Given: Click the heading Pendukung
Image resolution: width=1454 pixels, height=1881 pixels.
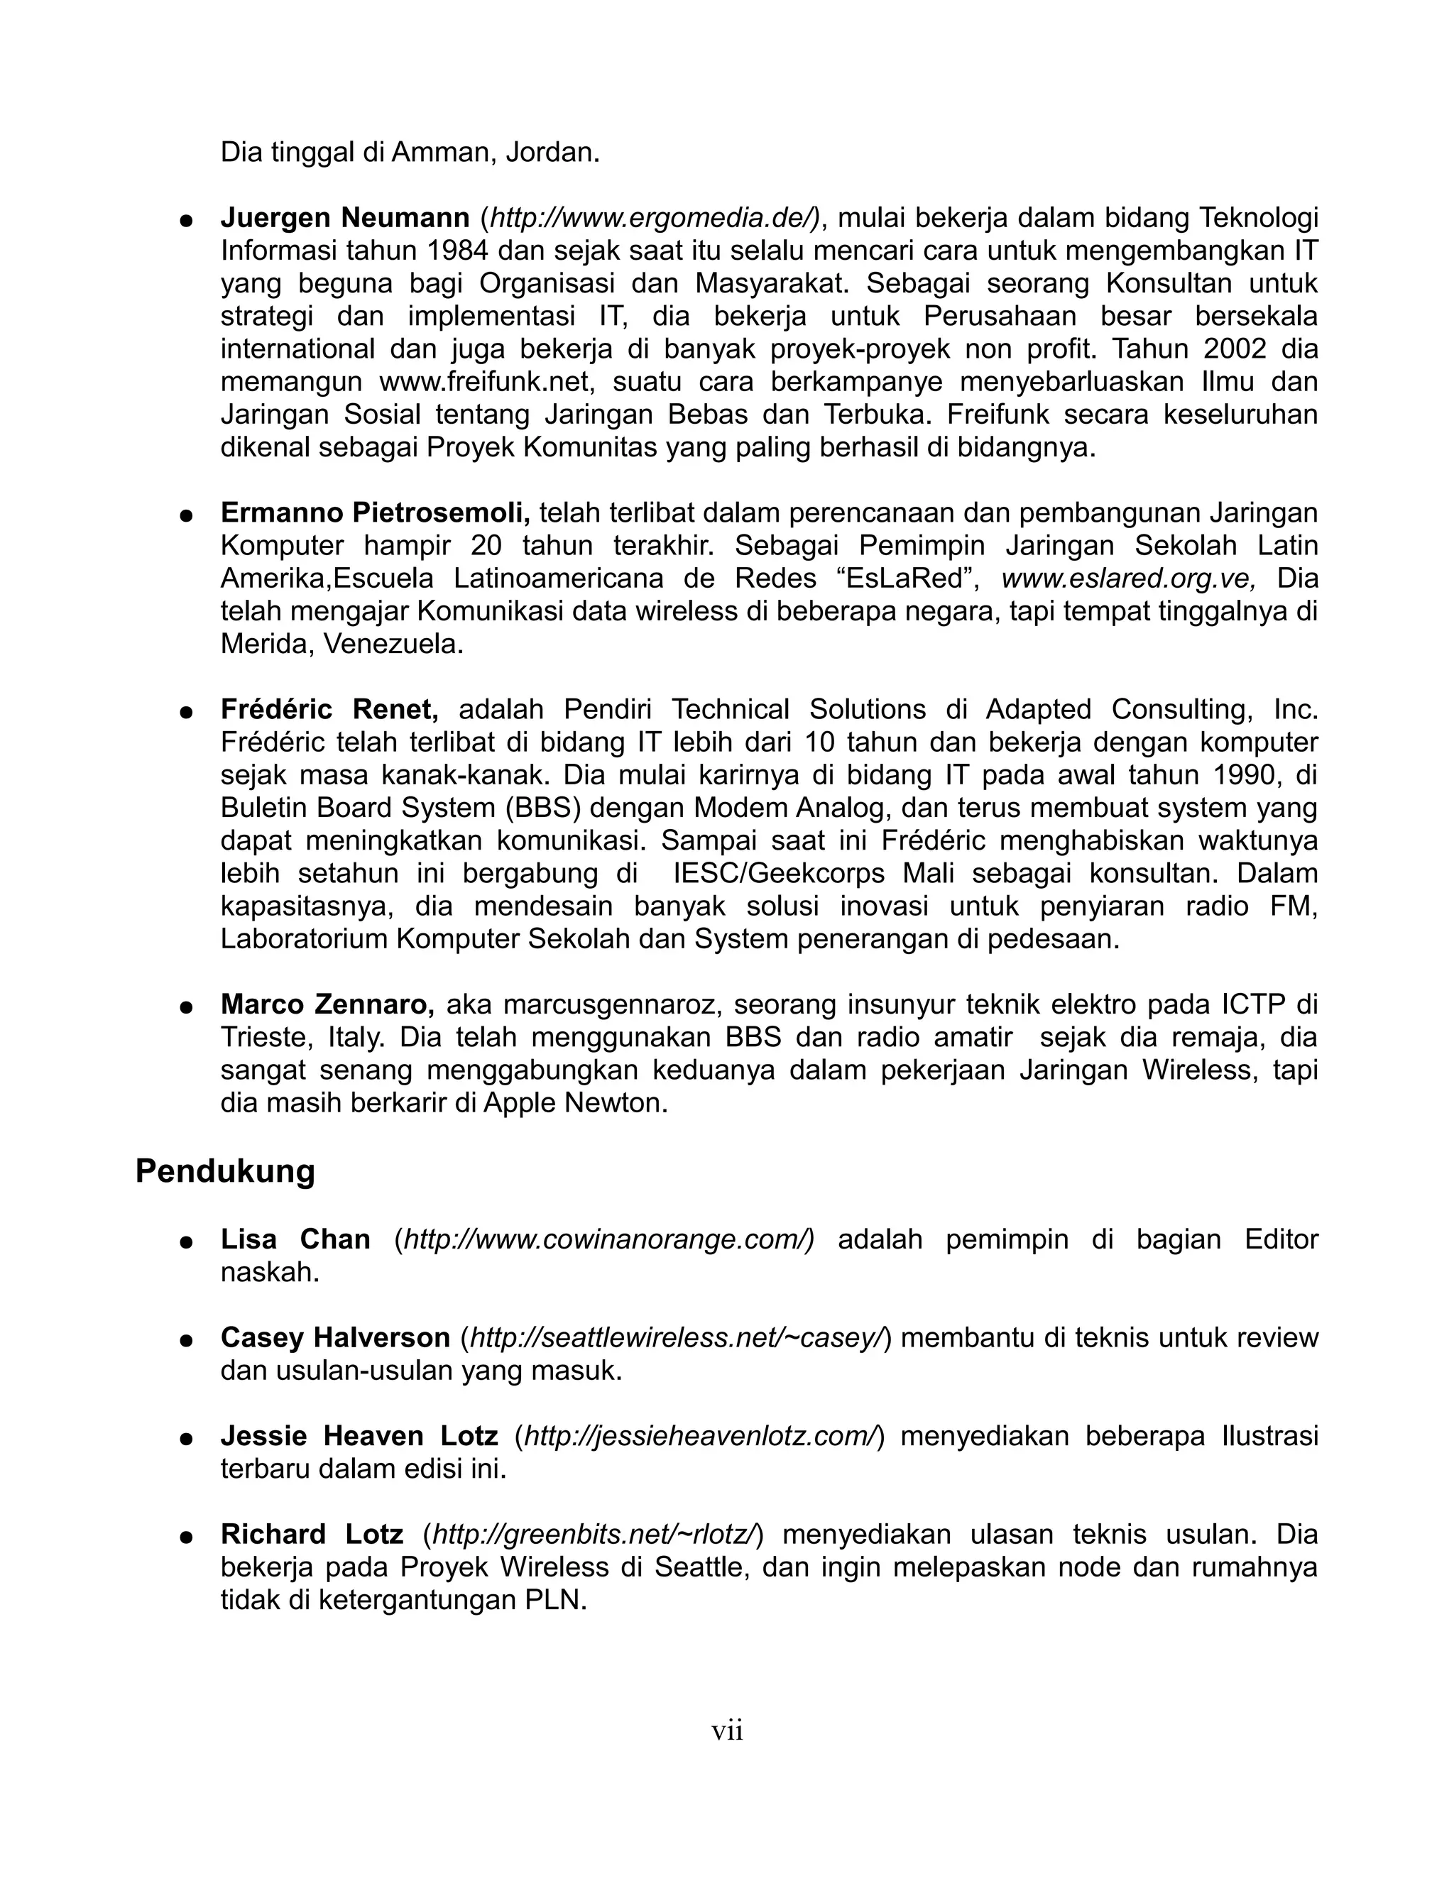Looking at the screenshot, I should [x=225, y=1172].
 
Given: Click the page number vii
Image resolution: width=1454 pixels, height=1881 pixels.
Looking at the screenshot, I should [x=727, y=1731].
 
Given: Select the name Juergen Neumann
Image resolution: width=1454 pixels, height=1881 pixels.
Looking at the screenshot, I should [x=344, y=218].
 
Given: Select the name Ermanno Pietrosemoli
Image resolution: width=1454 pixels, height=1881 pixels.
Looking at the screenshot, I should [x=376, y=512].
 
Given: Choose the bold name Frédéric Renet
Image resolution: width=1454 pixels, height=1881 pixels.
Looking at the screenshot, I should [x=329, y=709].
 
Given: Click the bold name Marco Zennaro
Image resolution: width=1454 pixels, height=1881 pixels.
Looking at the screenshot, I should [x=327, y=1004].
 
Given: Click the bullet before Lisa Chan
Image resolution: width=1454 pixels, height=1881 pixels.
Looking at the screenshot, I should [x=185, y=1242].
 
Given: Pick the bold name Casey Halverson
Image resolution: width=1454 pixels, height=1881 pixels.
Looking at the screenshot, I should [x=335, y=1337].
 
